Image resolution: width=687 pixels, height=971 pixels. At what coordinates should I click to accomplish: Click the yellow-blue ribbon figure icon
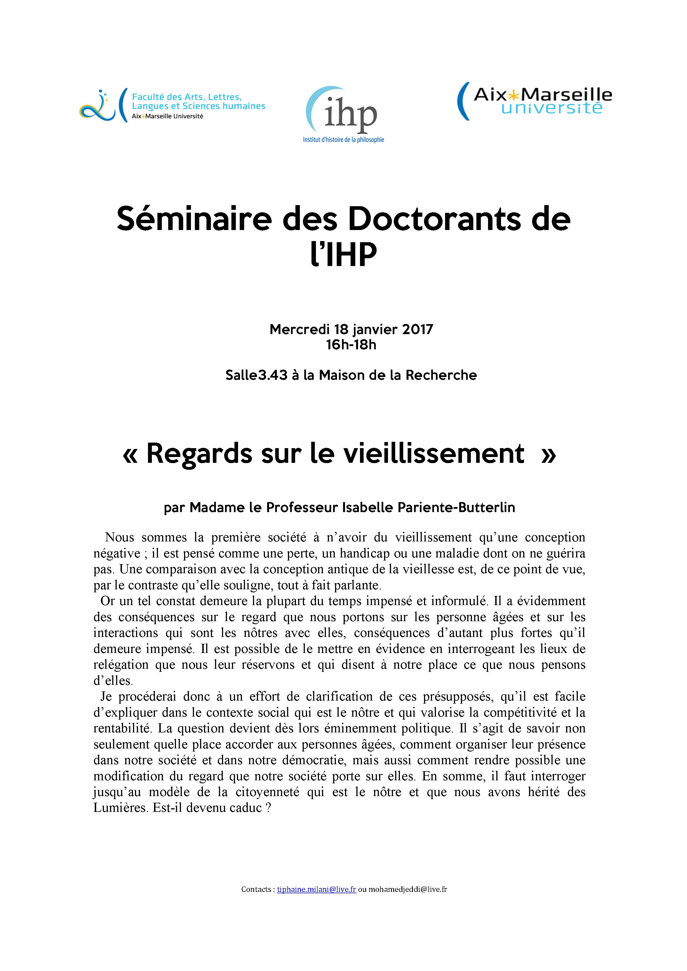(97, 106)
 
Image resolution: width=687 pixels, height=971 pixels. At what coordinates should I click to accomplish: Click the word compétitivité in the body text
(520, 712)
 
